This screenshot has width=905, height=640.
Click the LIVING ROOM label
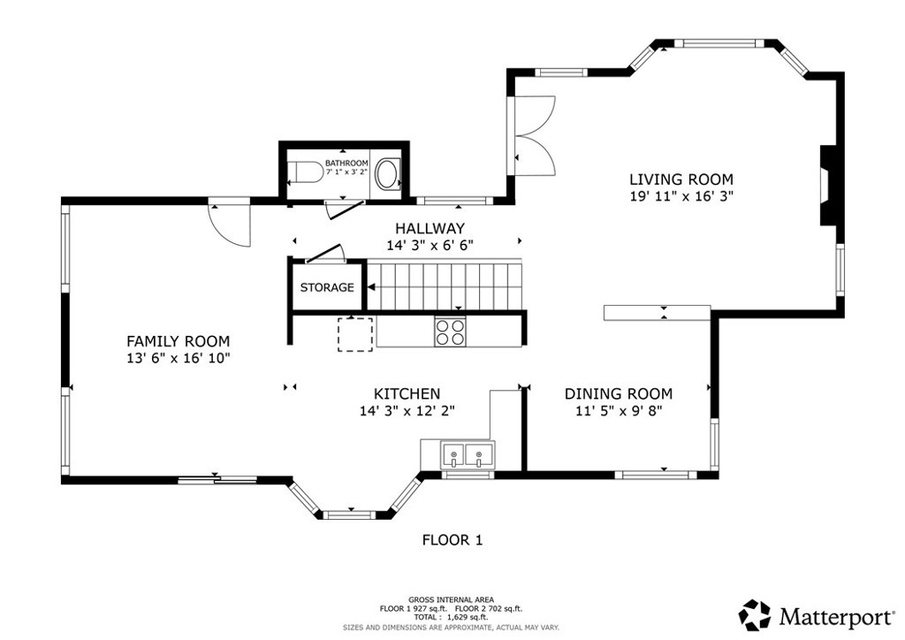click(681, 179)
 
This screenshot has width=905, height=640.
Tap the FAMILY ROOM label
click(179, 341)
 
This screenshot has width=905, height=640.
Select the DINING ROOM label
click(618, 394)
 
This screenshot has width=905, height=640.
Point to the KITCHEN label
click(407, 394)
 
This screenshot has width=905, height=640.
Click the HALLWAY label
click(430, 229)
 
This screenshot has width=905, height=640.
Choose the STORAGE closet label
click(327, 287)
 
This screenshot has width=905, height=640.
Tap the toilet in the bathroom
click(305, 171)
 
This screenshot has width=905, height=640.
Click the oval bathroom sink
click(388, 173)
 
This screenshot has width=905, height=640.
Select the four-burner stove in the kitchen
click(450, 331)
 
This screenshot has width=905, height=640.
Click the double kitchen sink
click(468, 454)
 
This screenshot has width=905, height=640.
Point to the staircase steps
click(445, 286)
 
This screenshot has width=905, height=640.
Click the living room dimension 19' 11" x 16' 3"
click(681, 196)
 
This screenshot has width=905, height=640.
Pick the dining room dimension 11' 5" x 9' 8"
click(618, 411)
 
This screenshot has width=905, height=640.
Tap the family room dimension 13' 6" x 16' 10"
click(179, 358)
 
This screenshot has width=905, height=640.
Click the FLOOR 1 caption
click(452, 540)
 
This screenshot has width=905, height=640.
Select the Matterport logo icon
click(755, 615)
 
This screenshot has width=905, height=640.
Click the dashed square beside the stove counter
click(355, 334)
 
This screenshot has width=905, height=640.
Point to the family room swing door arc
click(230, 226)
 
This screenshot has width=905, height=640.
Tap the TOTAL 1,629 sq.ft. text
click(451, 617)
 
